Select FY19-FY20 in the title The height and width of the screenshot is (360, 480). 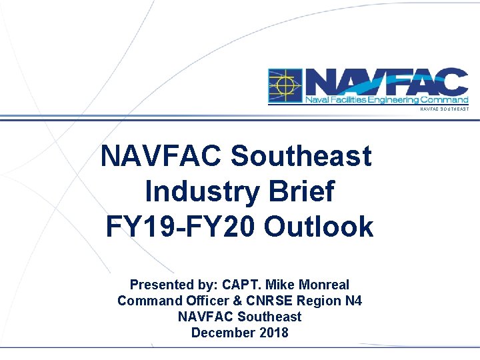tap(180, 227)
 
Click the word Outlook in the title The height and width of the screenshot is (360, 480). tap(319, 227)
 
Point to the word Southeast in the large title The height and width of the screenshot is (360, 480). tap(301, 157)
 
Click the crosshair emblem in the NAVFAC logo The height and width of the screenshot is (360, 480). tap(285, 86)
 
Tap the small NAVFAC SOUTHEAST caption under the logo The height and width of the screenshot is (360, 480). tap(444, 109)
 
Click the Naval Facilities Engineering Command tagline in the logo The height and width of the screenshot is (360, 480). tap(387, 100)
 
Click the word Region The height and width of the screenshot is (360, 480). tap(315, 301)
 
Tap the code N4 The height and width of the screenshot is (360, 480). tap(353, 301)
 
